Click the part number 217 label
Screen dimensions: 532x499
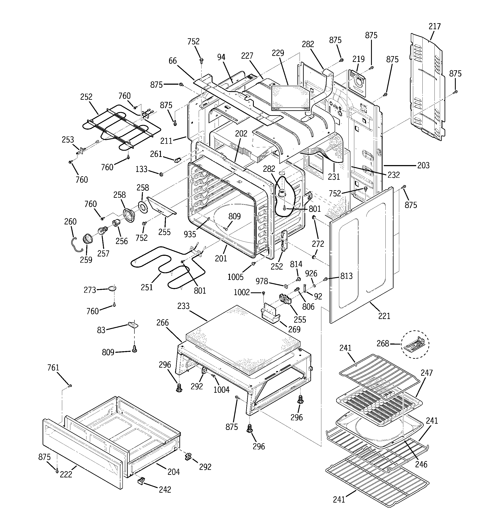tap(434, 26)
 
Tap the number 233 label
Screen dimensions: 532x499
tap(183, 306)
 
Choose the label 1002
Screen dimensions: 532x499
tap(242, 292)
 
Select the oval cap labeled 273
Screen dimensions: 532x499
tap(112, 288)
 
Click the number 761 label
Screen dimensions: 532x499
tap(53, 368)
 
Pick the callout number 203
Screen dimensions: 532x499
tap(423, 165)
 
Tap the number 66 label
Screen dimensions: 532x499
tap(172, 61)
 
